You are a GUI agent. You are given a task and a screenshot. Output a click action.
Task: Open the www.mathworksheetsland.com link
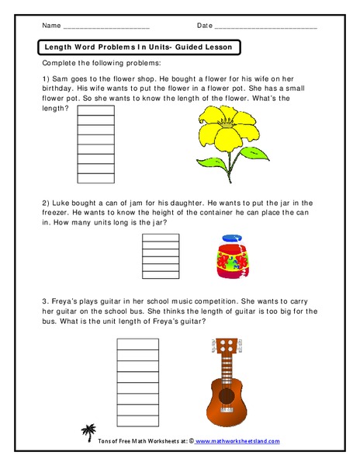(237, 441)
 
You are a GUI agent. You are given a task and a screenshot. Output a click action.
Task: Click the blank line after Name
(104, 26)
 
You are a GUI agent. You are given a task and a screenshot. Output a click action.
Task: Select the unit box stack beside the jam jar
(161, 256)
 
